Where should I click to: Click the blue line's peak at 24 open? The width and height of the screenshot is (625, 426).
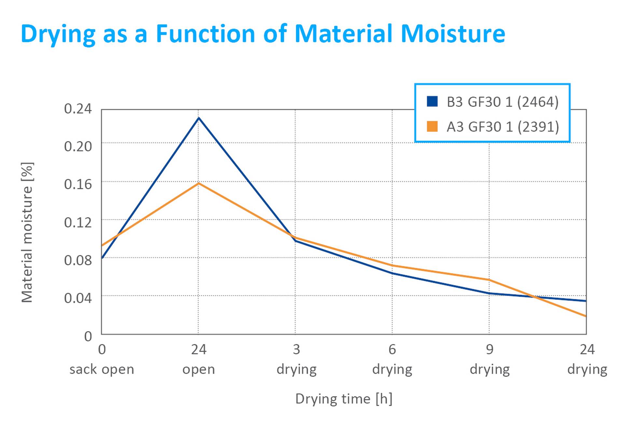pyautogui.click(x=199, y=118)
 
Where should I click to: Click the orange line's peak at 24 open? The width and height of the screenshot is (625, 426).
pyautogui.click(x=199, y=184)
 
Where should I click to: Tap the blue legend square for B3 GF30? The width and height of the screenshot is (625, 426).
pyautogui.click(x=432, y=101)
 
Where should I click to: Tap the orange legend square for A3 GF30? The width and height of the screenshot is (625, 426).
pyautogui.click(x=432, y=126)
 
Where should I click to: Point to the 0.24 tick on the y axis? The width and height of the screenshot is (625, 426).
pyautogui.click(x=78, y=109)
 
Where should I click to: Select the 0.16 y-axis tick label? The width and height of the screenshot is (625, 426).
pyautogui.click(x=78, y=184)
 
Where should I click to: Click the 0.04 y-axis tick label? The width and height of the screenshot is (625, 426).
pyautogui.click(x=78, y=298)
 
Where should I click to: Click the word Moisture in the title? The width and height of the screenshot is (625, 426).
pyautogui.click(x=453, y=34)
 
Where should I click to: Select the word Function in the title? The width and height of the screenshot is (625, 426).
pyautogui.click(x=205, y=34)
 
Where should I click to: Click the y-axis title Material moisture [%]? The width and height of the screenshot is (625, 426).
pyautogui.click(x=27, y=232)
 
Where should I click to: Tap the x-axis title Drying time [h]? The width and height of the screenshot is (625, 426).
pyautogui.click(x=344, y=399)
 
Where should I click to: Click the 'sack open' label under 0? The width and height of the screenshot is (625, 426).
pyautogui.click(x=102, y=370)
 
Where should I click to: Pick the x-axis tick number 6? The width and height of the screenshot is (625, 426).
pyautogui.click(x=392, y=350)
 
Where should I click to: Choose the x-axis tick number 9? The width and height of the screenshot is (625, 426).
pyautogui.click(x=489, y=350)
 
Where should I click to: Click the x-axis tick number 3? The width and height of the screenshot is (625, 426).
pyautogui.click(x=296, y=350)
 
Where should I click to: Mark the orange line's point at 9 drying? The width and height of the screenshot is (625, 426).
pyautogui.click(x=489, y=280)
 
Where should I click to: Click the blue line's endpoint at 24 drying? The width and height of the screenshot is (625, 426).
pyautogui.click(x=585, y=301)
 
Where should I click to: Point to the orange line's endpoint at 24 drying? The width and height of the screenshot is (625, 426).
pyautogui.click(x=585, y=316)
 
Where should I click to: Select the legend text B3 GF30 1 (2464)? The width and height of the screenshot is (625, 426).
pyautogui.click(x=502, y=102)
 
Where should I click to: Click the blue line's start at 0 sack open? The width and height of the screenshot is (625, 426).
pyautogui.click(x=103, y=257)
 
